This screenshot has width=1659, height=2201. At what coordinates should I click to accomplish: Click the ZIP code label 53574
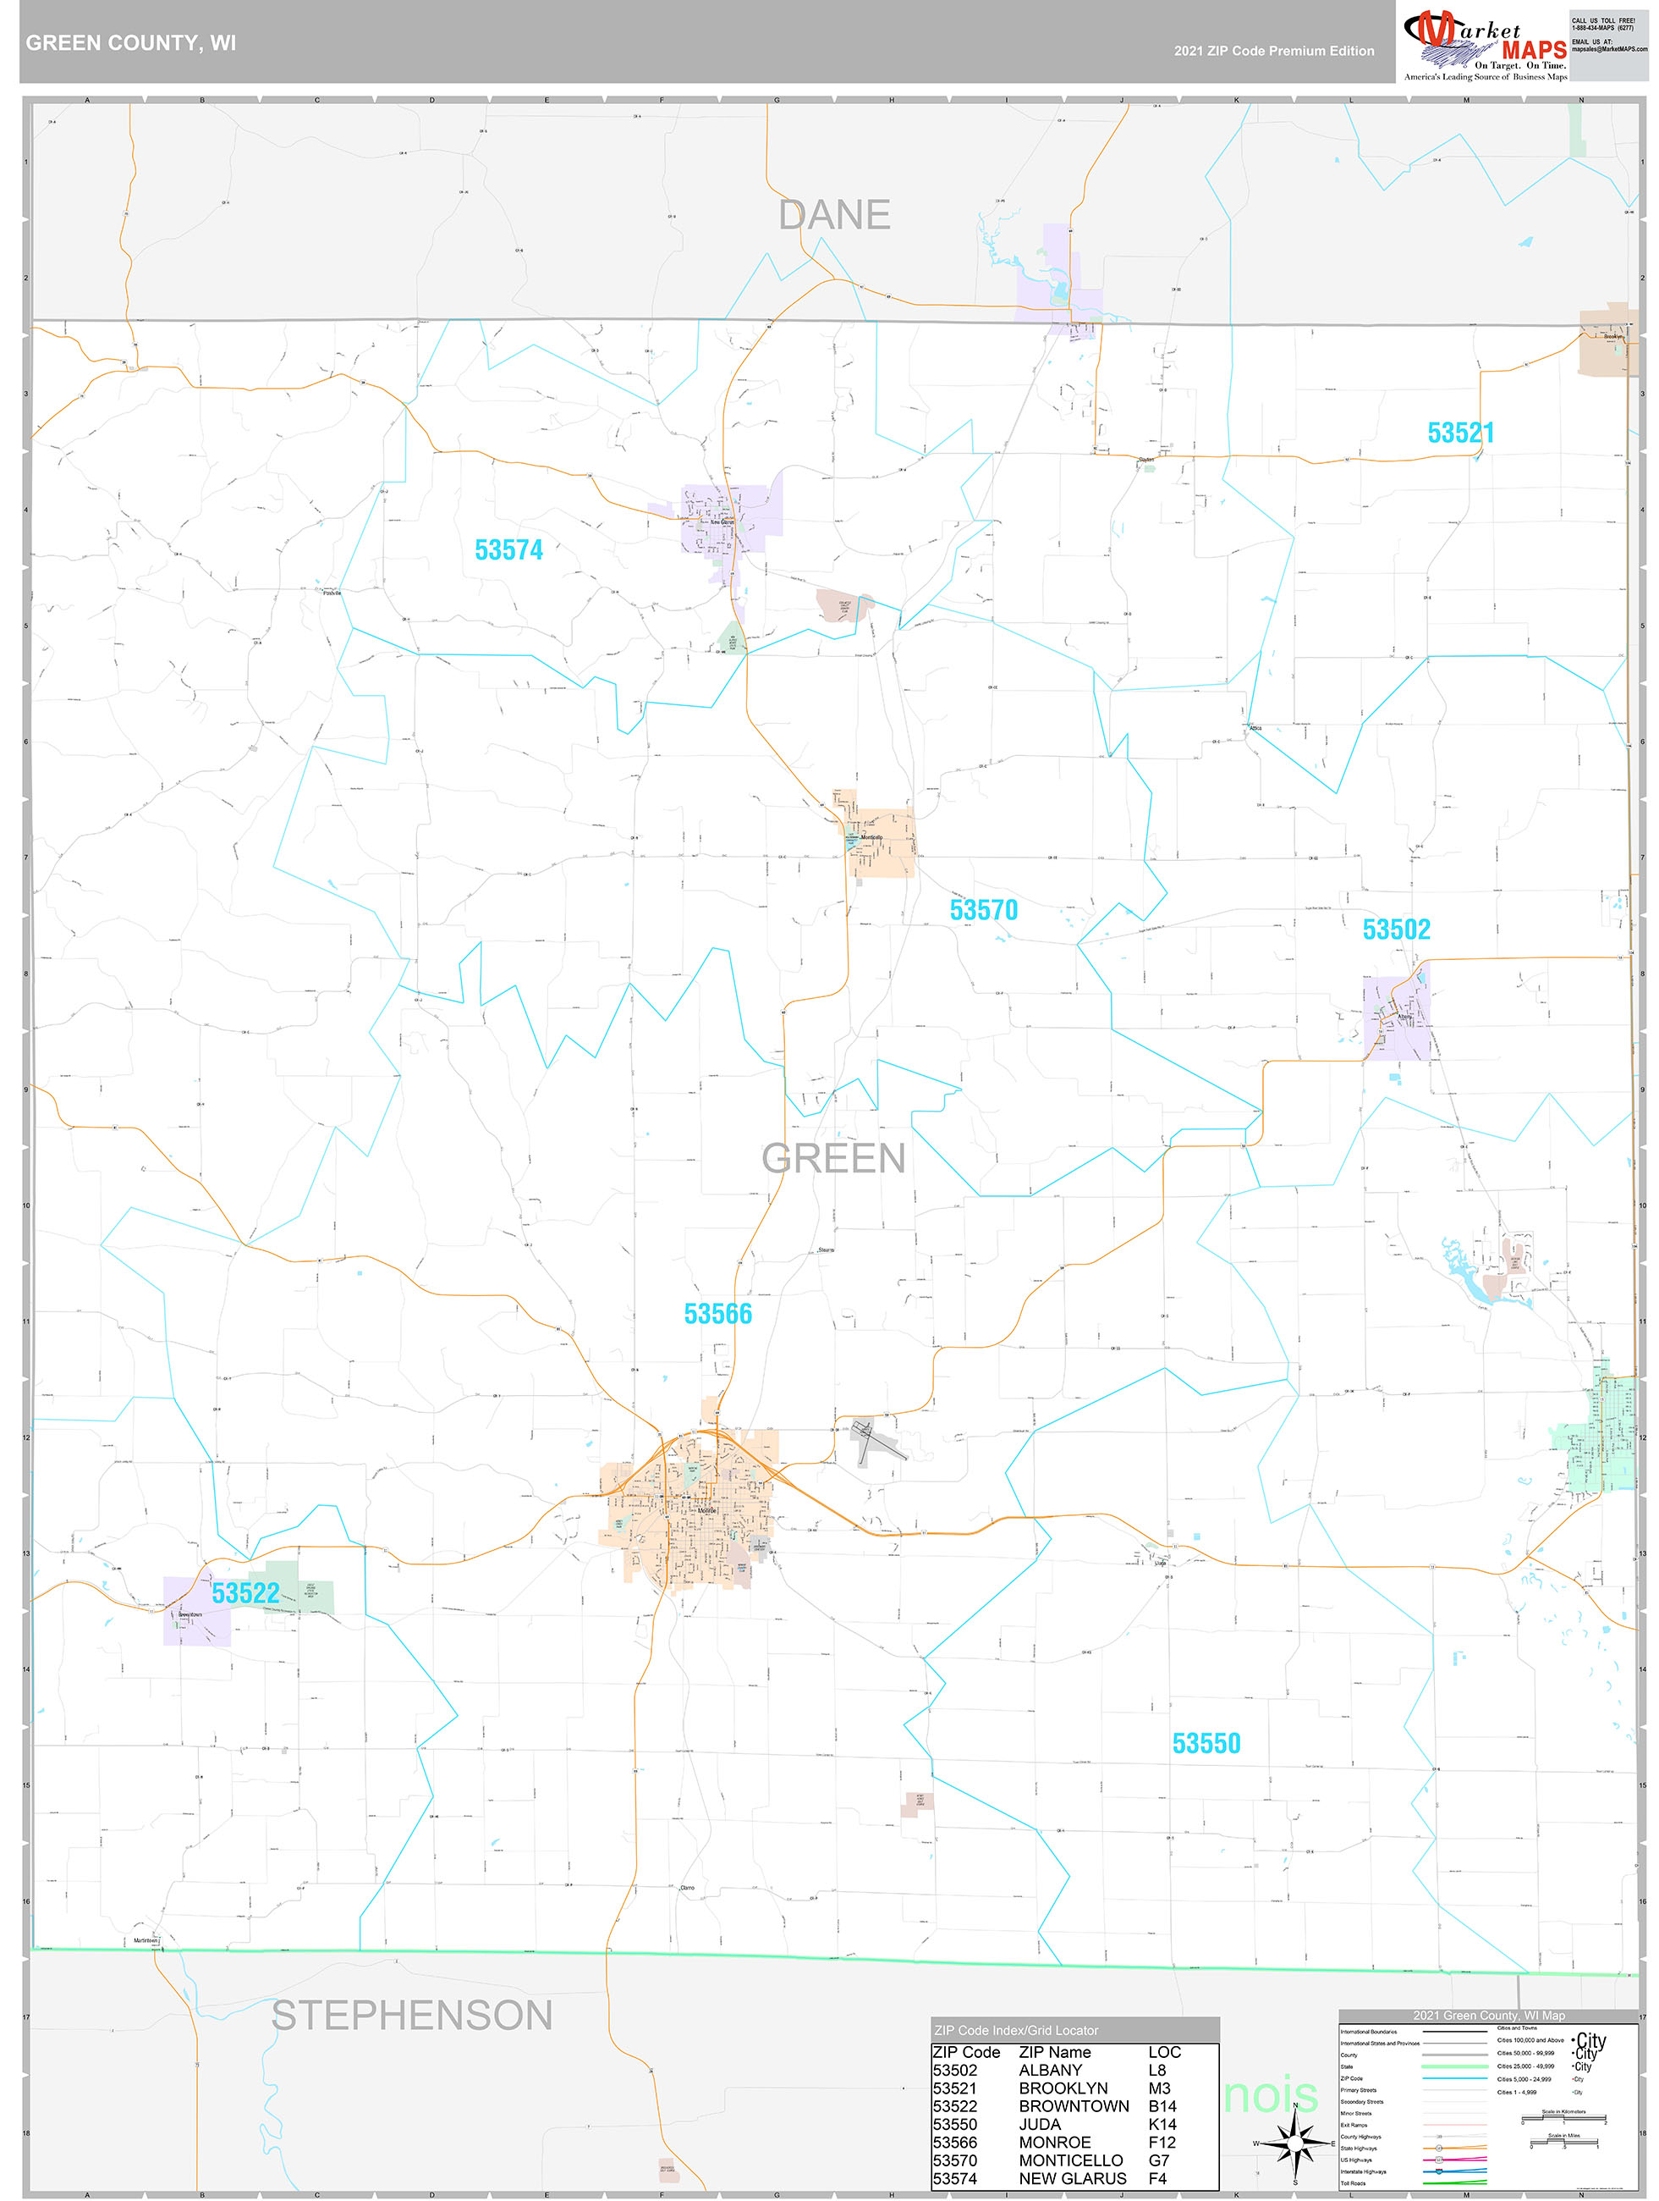coord(508,550)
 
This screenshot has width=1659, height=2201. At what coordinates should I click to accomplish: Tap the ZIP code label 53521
coord(1460,433)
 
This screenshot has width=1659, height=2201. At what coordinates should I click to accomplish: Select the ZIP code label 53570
coord(983,909)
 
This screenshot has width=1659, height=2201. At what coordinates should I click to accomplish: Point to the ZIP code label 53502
coord(1395,929)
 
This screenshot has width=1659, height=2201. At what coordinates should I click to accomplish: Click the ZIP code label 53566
coord(717,1315)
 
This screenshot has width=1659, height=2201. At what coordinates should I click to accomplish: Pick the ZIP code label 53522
coord(244,1593)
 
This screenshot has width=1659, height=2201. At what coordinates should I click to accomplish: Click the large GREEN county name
coord(833,1158)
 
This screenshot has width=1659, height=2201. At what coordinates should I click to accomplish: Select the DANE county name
coord(833,215)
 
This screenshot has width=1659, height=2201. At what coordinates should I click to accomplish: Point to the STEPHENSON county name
coord(412,2016)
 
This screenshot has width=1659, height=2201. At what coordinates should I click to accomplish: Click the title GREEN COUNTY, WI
coord(130,43)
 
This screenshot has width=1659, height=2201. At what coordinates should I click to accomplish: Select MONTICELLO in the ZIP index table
coord(1070,2160)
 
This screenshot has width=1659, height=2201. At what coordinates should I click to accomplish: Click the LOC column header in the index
coord(1164,2052)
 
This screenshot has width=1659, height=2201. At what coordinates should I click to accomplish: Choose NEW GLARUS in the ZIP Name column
coord(1072,2178)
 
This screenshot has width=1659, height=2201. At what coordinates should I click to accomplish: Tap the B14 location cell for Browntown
coord(1161,2105)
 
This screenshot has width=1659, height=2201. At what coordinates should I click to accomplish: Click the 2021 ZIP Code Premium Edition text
coord(1273,51)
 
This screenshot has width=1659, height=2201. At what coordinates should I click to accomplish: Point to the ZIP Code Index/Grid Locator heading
coord(1015,2030)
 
